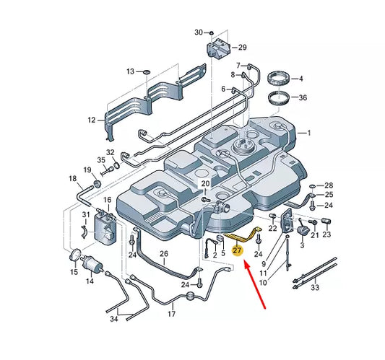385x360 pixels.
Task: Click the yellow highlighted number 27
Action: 237,251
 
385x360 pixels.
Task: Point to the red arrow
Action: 255,285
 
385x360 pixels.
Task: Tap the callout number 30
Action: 199,32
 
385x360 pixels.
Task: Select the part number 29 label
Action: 243,48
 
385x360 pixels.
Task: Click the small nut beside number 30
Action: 211,32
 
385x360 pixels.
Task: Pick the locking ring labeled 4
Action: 278,78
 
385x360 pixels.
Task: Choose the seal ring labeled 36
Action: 279,97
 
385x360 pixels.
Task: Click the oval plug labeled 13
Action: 147,72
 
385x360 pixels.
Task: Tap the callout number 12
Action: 91,120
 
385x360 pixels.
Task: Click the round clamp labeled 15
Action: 75,255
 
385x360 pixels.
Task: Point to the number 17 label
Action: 172,314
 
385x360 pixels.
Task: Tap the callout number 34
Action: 114,319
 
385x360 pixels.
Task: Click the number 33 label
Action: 315,287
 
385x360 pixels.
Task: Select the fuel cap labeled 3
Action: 302,231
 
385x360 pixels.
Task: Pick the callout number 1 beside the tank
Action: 309,133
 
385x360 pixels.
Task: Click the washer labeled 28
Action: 313,185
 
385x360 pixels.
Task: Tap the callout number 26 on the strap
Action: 164,253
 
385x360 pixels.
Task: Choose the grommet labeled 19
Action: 98,184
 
